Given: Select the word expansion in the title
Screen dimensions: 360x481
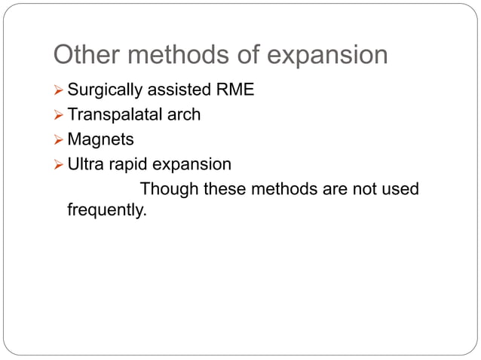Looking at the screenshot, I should pyautogui.click(x=329, y=55).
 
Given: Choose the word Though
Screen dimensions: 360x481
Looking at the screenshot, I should pyautogui.click(x=167, y=188).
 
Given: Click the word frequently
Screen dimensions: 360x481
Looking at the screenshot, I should pyautogui.click(x=106, y=210).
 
